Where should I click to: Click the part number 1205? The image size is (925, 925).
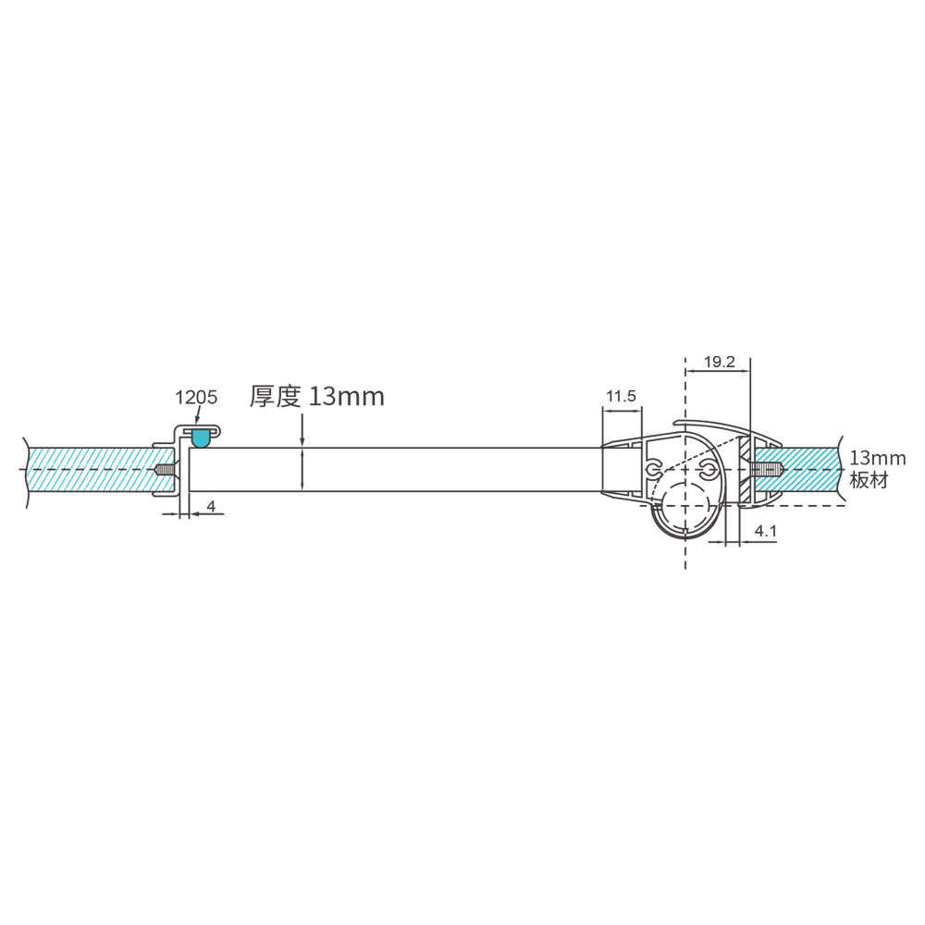click(196, 398)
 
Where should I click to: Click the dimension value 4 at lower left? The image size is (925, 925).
click(211, 506)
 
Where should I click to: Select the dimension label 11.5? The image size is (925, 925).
click(621, 397)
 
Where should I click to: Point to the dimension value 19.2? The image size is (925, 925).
click(719, 362)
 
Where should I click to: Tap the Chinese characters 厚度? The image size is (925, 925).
click(276, 397)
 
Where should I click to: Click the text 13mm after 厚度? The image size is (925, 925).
click(346, 397)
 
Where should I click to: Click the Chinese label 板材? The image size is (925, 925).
click(869, 481)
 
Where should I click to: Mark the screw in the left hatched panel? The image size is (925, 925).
click(165, 470)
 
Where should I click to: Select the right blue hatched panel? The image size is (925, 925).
click(809, 469)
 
